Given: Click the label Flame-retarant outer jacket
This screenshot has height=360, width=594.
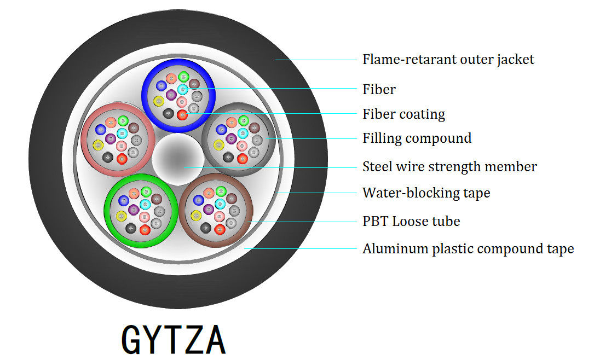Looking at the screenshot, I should click(x=448, y=59).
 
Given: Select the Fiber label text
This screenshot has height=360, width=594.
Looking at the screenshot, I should click(x=379, y=89).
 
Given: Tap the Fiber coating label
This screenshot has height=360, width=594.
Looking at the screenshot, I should click(x=403, y=114).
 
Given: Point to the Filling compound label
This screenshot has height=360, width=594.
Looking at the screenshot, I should click(x=417, y=138).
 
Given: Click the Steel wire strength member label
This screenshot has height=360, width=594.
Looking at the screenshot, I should click(x=449, y=166).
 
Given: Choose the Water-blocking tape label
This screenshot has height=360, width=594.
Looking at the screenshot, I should click(x=426, y=193).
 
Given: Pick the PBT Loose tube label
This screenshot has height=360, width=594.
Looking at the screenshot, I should click(x=411, y=221).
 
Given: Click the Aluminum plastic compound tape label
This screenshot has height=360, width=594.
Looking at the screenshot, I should click(x=468, y=249).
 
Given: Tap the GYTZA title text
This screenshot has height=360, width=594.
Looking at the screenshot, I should click(x=173, y=340).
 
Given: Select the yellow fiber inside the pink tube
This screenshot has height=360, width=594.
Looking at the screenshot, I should click(x=98, y=145).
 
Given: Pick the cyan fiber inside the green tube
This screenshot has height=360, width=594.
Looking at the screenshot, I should click(x=145, y=204).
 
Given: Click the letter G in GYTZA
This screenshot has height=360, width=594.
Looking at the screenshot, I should click(x=131, y=340).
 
